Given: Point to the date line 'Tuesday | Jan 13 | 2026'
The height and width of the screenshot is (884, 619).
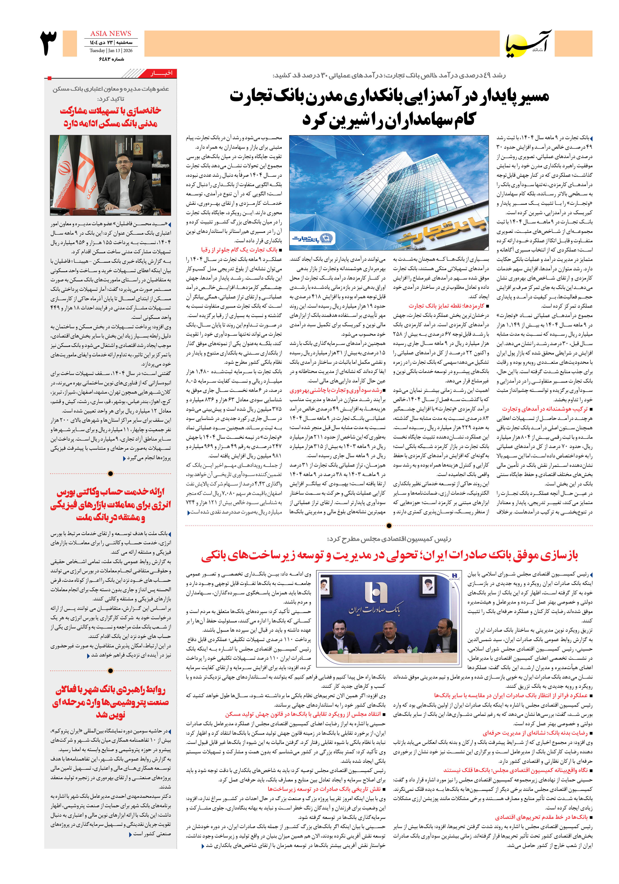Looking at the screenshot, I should pyautogui.click(x=111, y=51).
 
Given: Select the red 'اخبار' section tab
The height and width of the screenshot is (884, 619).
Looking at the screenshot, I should pyautogui.click(x=161, y=73).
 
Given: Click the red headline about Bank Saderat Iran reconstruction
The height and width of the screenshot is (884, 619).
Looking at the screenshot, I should pyautogui.click(x=389, y=555).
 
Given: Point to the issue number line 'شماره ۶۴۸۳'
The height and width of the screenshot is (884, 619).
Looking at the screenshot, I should pyautogui.click(x=112, y=59).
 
